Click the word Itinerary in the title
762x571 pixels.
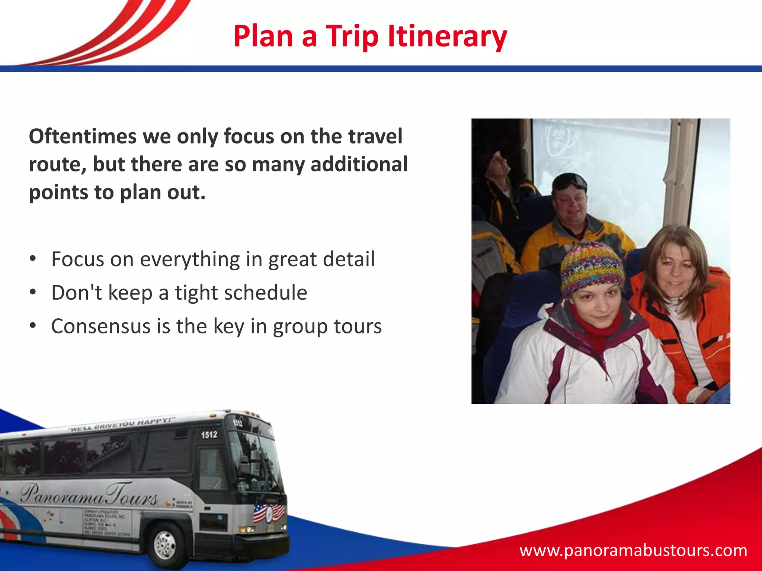pos(447,36)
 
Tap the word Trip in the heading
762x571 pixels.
pos(352,36)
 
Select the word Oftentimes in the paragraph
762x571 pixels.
pos(83,136)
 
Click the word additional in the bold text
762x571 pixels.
pos(359,164)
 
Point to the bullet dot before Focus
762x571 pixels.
pos(33,259)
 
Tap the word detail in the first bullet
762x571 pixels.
pos(348,259)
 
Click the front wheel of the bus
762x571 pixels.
pos(165,545)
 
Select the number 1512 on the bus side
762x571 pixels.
pos(209,435)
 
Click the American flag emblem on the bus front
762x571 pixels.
pos(269,513)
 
